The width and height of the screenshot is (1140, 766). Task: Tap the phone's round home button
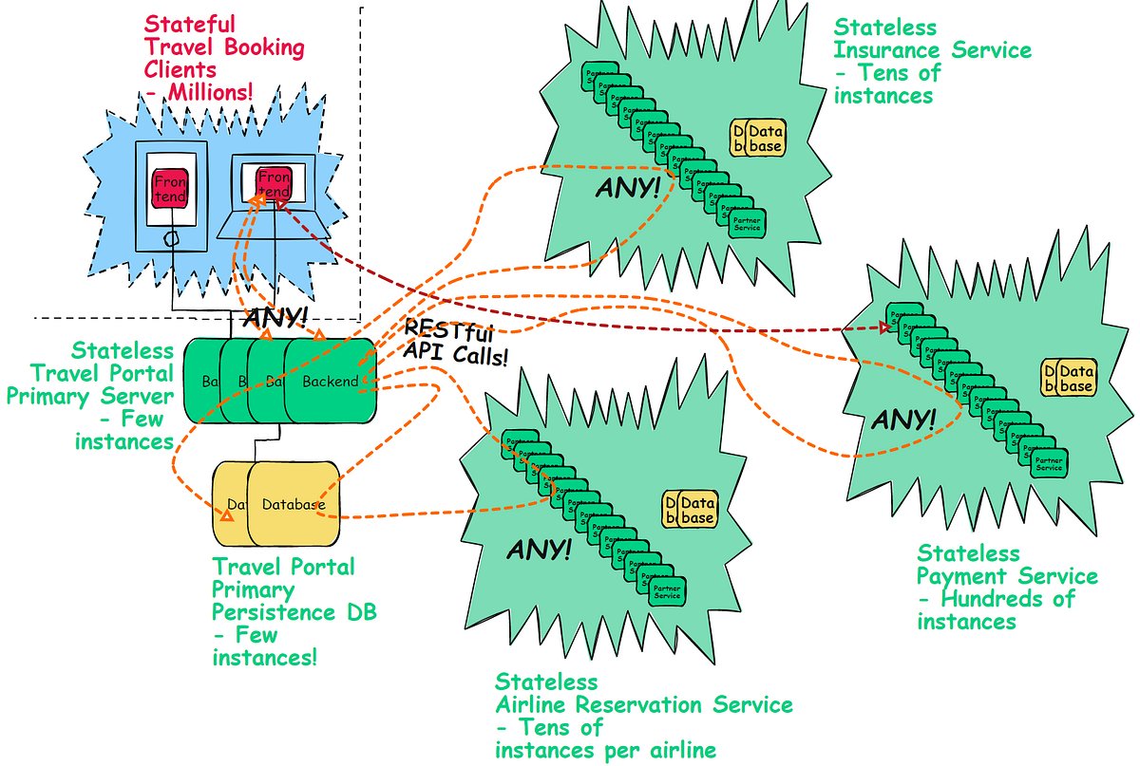tap(169, 239)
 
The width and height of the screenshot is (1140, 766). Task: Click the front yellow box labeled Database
tap(294, 504)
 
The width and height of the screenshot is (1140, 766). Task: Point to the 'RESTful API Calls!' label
tap(455, 346)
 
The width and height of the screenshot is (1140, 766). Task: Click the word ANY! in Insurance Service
tap(627, 187)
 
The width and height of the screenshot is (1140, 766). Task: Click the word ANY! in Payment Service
tap(902, 418)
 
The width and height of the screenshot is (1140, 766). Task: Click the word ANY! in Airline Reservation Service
tap(539, 549)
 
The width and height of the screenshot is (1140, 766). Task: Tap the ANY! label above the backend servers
tap(275, 317)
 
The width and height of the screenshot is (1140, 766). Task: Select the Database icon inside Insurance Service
tap(757, 139)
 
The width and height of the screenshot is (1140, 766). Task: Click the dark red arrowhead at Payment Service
tap(885, 327)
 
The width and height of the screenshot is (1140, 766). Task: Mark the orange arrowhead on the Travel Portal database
tap(226, 515)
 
